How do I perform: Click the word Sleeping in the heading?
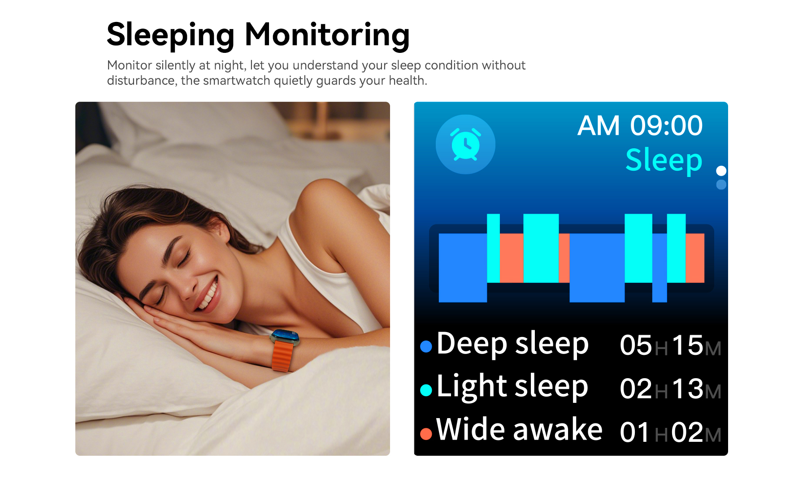point(170,35)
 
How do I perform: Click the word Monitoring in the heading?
point(327,35)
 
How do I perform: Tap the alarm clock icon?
point(465,144)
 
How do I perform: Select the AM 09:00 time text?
point(640,125)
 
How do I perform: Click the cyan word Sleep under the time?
point(664,160)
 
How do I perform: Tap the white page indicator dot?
point(721,171)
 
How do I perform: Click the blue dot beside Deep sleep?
point(426,346)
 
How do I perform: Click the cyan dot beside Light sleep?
point(426,390)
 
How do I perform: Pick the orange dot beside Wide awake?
point(426,434)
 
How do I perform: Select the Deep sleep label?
point(512,344)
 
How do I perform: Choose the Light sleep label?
point(512,387)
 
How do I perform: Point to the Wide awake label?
point(519,429)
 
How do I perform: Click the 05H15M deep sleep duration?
point(670,345)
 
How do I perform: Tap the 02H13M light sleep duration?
point(670,388)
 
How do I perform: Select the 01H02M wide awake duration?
point(670,432)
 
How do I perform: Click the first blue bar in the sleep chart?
point(463,268)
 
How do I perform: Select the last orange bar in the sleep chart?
point(695,258)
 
